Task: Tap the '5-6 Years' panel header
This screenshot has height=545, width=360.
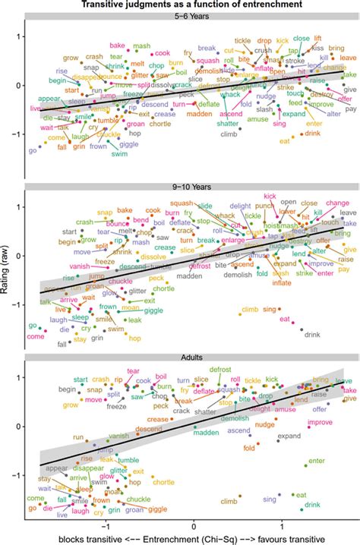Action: [x=190, y=15]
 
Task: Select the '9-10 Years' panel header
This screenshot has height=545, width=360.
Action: [x=190, y=185]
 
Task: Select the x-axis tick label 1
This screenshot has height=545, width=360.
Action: [x=283, y=525]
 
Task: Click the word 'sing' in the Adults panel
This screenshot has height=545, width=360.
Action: [x=270, y=499]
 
